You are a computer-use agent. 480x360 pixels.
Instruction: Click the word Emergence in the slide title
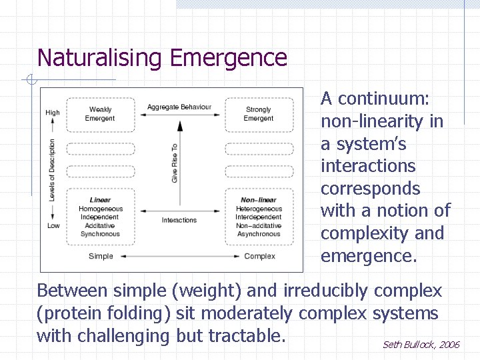click(229, 58)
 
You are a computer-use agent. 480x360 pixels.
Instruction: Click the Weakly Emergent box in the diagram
click(100, 114)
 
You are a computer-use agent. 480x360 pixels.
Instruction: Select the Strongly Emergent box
click(258, 114)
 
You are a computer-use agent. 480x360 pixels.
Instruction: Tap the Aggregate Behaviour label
click(179, 107)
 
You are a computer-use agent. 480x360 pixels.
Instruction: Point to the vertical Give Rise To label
click(175, 163)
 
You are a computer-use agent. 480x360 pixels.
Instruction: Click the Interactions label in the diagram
click(179, 220)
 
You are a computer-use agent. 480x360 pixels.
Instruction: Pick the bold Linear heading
click(100, 200)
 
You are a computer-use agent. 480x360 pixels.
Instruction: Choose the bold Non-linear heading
click(258, 200)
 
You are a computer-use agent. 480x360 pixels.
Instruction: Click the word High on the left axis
click(53, 113)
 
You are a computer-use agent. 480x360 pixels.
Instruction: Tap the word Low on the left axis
click(53, 225)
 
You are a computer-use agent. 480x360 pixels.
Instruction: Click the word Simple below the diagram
click(101, 256)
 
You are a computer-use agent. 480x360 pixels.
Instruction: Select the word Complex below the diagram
click(259, 256)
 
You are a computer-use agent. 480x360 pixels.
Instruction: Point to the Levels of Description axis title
click(52, 170)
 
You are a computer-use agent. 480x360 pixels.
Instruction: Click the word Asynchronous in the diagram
click(259, 234)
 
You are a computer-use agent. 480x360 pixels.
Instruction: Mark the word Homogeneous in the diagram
click(101, 209)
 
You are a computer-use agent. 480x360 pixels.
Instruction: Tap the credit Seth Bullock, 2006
click(421, 345)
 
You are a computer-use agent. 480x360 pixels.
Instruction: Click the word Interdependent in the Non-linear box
click(259, 217)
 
